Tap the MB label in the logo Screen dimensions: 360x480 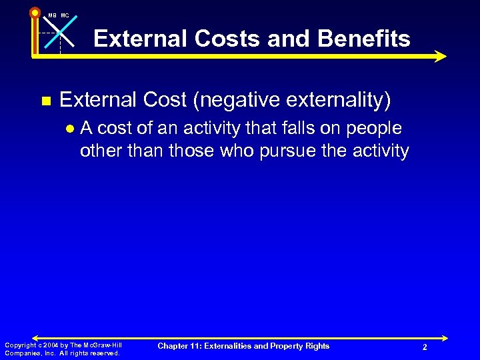pyautogui.click(x=52, y=15)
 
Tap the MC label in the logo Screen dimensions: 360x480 pyautogui.click(x=65, y=15)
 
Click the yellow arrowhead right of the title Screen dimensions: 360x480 pyautogui.click(x=439, y=57)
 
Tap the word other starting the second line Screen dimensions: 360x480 pyautogui.click(x=99, y=151)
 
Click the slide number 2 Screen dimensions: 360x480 pyautogui.click(x=424, y=347)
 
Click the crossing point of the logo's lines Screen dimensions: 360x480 pyautogui.click(x=60, y=33)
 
